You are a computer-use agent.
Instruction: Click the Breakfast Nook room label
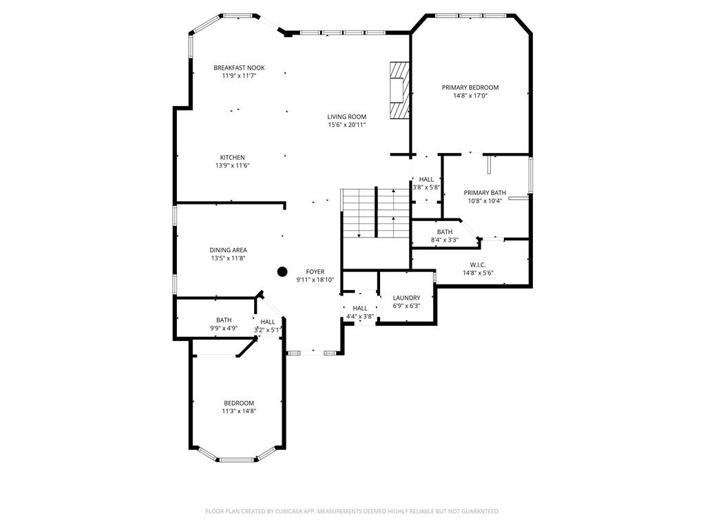click(239, 68)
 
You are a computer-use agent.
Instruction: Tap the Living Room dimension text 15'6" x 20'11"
click(347, 125)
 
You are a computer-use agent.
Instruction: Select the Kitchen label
click(233, 158)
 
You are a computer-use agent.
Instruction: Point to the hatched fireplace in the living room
click(399, 90)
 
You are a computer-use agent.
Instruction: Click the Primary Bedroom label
click(470, 87)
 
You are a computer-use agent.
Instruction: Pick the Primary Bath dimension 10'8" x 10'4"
click(485, 200)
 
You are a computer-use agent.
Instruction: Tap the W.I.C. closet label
click(478, 265)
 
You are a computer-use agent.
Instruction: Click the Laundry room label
click(406, 298)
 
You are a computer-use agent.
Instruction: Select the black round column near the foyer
click(282, 271)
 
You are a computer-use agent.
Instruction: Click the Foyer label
click(315, 271)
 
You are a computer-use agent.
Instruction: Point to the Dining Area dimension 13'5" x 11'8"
click(228, 258)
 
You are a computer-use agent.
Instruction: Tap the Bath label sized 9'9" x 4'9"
click(224, 320)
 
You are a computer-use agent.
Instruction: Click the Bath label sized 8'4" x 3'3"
click(445, 232)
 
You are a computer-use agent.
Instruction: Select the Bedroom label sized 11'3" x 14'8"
click(239, 403)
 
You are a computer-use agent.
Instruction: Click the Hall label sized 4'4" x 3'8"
click(359, 308)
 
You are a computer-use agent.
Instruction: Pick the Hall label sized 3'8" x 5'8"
click(426, 180)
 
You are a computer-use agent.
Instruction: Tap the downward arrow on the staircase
click(359, 214)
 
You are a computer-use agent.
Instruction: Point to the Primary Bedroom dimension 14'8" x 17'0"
click(470, 96)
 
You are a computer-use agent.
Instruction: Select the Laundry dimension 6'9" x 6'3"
click(406, 306)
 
